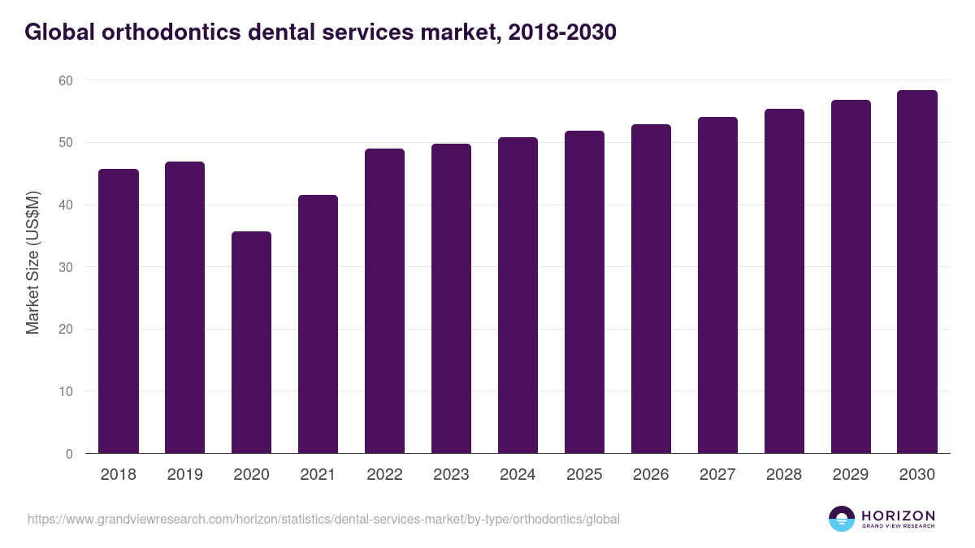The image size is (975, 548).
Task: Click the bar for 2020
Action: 251,343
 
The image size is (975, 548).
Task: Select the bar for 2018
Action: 118,311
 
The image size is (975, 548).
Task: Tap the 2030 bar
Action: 916,272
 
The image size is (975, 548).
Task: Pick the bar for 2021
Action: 318,324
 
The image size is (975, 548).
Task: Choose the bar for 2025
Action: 584,292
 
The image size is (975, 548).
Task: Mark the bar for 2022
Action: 384,301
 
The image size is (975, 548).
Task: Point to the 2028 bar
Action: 784,281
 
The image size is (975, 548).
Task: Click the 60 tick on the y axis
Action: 65,80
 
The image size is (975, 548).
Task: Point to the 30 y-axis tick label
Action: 65,267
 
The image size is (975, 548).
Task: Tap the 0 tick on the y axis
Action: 69,454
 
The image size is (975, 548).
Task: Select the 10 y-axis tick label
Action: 65,391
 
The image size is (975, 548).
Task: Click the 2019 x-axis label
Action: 184,475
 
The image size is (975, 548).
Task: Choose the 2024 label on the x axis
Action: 518,475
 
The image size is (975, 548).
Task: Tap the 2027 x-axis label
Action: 717,475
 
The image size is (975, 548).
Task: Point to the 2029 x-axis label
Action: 851,475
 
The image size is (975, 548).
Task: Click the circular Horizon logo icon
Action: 841,519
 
